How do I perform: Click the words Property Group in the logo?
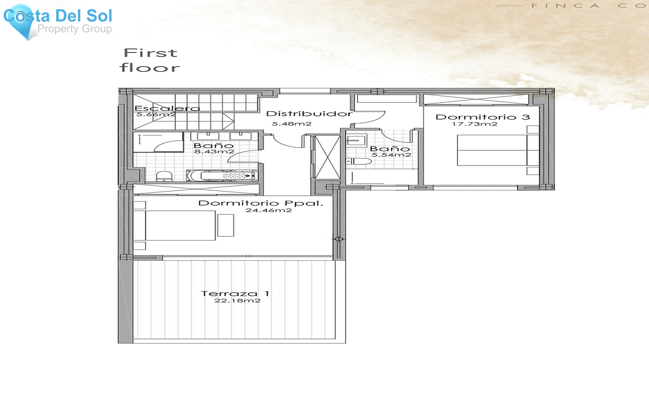75,29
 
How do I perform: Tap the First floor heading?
150,60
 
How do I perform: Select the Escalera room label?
167,108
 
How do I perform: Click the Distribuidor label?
309,114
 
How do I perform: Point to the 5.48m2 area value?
291,124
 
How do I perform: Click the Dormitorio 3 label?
482,117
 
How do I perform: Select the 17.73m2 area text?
474,124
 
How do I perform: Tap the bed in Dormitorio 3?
492,150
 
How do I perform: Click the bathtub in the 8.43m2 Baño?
222,176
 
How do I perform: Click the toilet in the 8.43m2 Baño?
164,176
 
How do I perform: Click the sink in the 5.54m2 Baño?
356,140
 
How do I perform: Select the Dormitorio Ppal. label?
261,203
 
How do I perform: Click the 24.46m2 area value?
269,210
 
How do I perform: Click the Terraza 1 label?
235,294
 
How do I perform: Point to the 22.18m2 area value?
237,301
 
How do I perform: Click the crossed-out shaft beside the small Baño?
328,157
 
